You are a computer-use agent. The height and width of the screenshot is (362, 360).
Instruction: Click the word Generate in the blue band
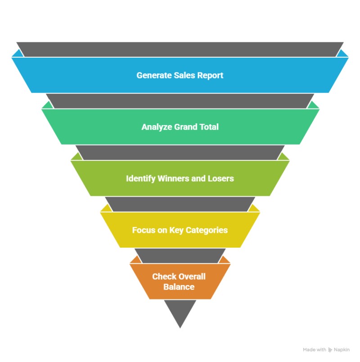point(154,76)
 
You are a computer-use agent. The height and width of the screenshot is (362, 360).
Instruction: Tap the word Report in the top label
point(211,76)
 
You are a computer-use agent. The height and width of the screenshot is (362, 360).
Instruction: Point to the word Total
point(208,127)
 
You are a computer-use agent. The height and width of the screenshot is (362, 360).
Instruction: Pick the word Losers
point(221,178)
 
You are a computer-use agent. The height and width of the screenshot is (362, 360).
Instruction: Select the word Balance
point(179,287)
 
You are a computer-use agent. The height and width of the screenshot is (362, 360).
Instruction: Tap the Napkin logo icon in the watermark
point(330,350)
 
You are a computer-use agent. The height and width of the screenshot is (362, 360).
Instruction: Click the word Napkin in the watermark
point(342,350)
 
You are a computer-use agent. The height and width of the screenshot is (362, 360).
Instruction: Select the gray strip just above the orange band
point(180,256)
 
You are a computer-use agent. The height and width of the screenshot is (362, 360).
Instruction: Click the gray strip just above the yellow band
point(180,204)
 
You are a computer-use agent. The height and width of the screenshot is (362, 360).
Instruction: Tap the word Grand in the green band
point(185,127)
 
